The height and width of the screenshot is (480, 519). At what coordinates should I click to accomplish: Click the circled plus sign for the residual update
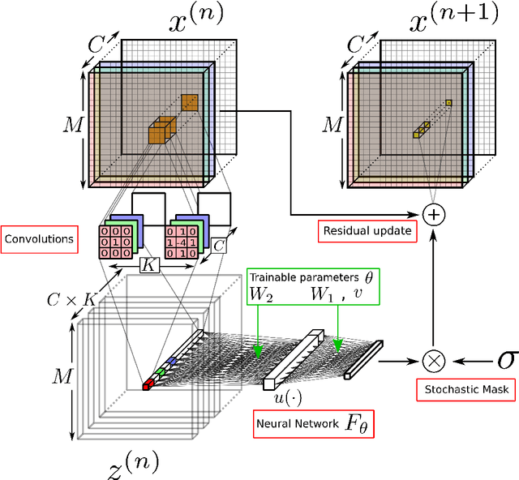click(x=435, y=214)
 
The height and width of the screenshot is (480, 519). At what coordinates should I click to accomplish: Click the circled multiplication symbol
click(x=435, y=358)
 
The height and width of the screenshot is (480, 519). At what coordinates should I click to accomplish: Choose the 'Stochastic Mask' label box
click(x=466, y=390)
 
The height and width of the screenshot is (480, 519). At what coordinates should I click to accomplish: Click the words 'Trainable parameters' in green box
click(x=299, y=276)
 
